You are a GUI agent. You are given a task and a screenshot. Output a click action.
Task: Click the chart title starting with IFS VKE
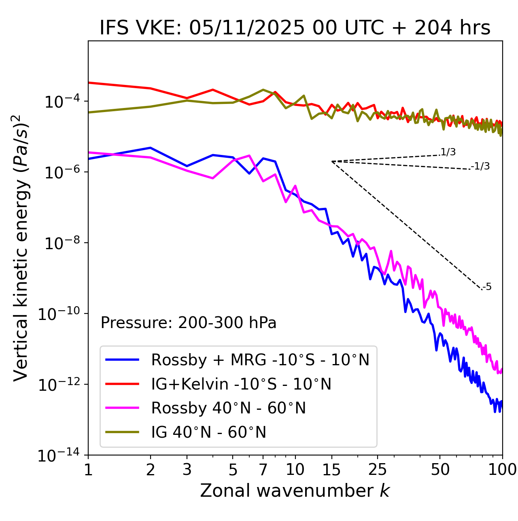tap(295, 28)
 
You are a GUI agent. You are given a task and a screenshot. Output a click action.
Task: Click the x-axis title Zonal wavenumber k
tap(295, 491)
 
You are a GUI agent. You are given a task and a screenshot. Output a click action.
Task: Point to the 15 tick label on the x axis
tap(331, 470)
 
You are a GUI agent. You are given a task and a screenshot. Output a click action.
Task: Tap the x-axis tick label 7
tap(263, 470)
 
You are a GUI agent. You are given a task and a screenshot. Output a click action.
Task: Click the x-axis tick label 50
tap(440, 470)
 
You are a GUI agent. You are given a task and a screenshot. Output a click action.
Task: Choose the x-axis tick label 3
tap(187, 470)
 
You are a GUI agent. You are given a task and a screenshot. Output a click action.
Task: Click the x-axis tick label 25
tap(378, 470)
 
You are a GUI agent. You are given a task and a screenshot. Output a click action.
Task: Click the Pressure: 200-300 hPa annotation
tap(189, 323)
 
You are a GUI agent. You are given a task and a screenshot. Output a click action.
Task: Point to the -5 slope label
tap(487, 287)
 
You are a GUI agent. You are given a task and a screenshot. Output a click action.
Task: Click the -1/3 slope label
tap(480, 166)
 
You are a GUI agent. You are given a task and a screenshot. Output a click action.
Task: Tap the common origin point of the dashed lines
tap(332, 161)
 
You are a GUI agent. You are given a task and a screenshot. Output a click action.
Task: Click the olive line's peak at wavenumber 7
tap(263, 90)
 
